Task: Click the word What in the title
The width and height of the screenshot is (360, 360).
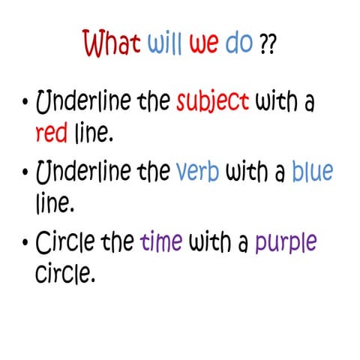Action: (112, 45)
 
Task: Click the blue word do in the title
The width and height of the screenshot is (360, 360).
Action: (239, 45)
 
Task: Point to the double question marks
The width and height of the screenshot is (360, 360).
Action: (266, 46)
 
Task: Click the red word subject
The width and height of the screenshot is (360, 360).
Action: (213, 103)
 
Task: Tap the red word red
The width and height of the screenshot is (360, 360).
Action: (53, 134)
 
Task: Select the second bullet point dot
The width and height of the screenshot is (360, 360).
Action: (25, 172)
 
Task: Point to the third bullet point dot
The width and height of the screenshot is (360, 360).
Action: (25, 243)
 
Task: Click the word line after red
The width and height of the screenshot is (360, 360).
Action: (95, 134)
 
